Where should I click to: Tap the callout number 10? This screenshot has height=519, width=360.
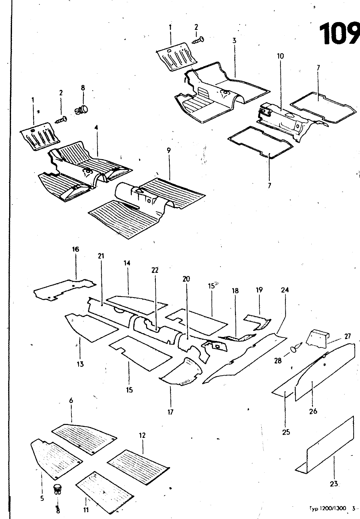[x=280, y=56]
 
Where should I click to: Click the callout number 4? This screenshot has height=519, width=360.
[x=96, y=128]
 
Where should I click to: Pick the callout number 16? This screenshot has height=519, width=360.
[x=75, y=249]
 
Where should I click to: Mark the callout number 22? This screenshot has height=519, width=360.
[x=155, y=270]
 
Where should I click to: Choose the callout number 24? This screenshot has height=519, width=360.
[x=285, y=290]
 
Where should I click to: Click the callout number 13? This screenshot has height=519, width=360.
[x=80, y=364]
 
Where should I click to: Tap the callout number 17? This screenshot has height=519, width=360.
[x=170, y=412]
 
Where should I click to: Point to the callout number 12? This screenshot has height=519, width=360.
[x=143, y=435]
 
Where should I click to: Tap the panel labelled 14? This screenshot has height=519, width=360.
[x=136, y=303]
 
